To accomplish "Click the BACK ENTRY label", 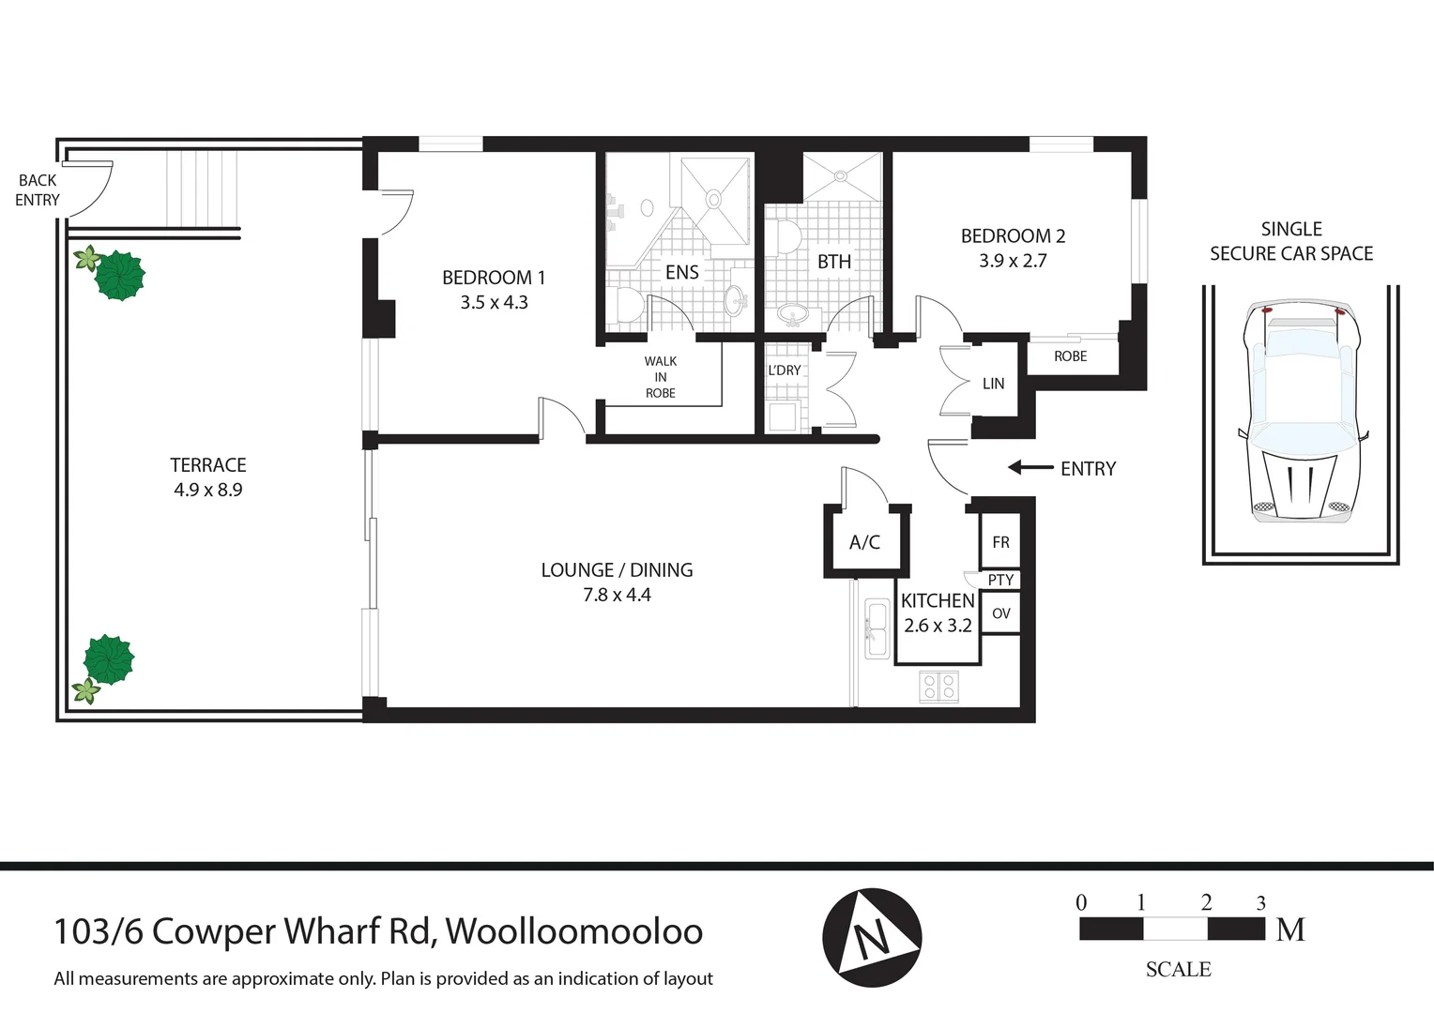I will pos(38,190).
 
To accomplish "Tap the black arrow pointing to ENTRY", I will pos(1030,467).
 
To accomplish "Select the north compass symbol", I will pos(872,937).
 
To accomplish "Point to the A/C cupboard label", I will pos(864,542).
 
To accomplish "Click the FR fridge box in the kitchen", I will pos(1000,542).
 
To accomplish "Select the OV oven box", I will pos(1000,613).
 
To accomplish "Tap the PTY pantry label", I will pos(1000,580).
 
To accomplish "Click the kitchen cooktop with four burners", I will pos(938,687).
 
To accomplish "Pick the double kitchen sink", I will pos(877,629).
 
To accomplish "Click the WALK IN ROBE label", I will pos(661,377).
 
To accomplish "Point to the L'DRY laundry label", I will pos(785,370).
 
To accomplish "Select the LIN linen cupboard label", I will pos(993,384).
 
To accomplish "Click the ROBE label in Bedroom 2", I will pos(1070,356).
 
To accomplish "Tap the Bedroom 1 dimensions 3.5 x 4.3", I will pos(494,302).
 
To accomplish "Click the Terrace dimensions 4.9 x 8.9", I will pos(207,490).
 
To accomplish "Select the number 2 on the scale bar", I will pos(1206,902).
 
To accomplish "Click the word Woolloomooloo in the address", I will pos(573,931).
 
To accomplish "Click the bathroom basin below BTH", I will pos(794,314).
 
